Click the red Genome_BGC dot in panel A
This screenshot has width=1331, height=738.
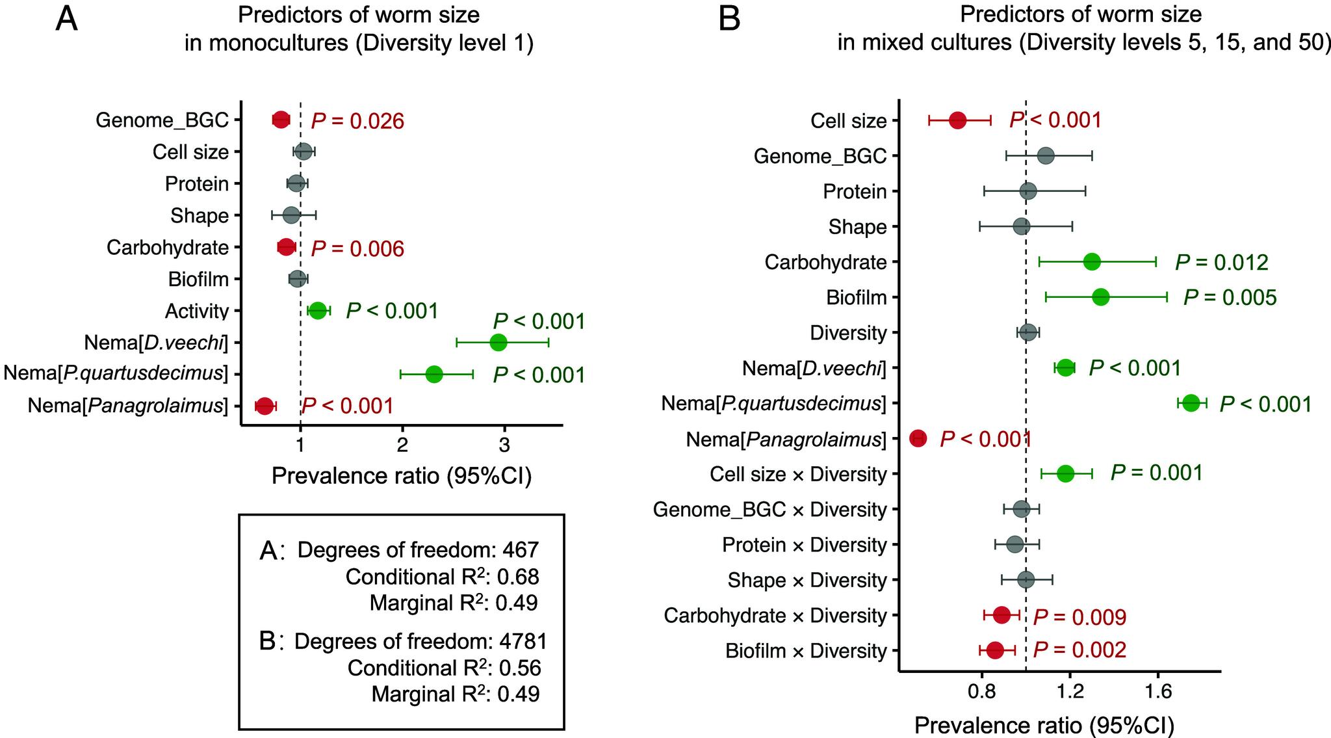[281, 120]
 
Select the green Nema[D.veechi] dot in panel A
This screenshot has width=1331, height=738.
[498, 343]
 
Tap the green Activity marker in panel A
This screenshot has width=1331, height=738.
[317, 311]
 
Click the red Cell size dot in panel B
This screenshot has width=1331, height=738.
[957, 120]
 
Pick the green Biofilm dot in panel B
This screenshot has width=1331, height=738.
[1101, 297]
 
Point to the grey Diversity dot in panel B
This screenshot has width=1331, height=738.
[1027, 333]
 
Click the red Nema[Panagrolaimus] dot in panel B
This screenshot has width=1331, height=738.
[918, 439]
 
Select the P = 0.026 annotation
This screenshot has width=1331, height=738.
[357, 121]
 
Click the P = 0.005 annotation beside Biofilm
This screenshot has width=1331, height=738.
[1230, 298]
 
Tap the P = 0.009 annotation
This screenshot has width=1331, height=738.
[1079, 617]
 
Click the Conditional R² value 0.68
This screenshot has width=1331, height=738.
[518, 577]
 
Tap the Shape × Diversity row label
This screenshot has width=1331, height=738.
[807, 580]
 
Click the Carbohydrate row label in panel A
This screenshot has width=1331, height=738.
[168, 248]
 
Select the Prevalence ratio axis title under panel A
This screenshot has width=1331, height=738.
[402, 477]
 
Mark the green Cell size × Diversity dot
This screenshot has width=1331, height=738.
[1065, 474]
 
